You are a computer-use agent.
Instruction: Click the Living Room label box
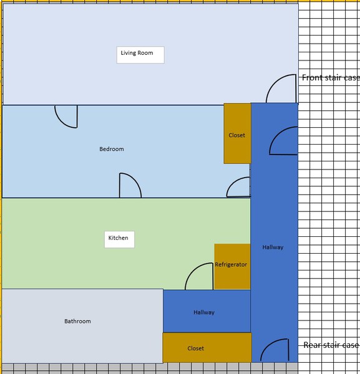[x=140, y=55]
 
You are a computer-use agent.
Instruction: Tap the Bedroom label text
[x=112, y=149]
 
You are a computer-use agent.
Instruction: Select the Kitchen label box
[x=119, y=239]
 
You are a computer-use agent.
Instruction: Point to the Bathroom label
[x=77, y=321]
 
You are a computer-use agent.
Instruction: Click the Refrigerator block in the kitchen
[x=232, y=266]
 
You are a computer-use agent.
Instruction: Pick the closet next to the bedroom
[x=237, y=133]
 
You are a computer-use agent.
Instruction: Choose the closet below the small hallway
[x=207, y=348]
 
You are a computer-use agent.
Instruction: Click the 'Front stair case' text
[x=331, y=77]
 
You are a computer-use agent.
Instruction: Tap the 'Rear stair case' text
[x=331, y=345]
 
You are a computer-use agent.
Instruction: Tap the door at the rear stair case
[x=268, y=345]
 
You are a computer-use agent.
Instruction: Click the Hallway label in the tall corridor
[x=273, y=247]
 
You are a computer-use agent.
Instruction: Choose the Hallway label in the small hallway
[x=204, y=312]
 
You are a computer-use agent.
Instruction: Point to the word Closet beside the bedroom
[x=237, y=135]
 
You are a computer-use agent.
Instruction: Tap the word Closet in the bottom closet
[x=196, y=348]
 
